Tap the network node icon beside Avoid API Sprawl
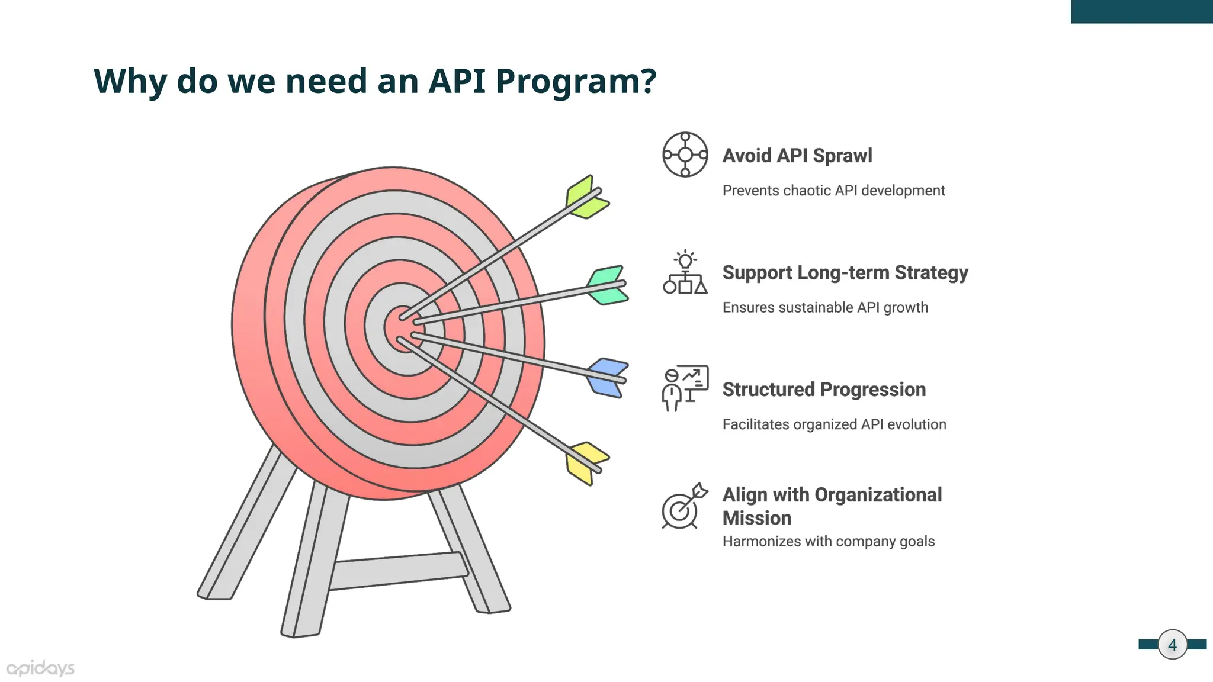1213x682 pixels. pyautogui.click(x=685, y=155)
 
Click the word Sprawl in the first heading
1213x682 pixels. pyautogui.click(x=842, y=156)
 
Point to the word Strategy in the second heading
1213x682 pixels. pyautogui.click(x=931, y=273)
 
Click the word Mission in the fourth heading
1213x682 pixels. pyautogui.click(x=756, y=518)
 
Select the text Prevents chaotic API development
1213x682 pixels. pyautogui.click(x=833, y=191)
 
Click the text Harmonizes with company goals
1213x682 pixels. pyautogui.click(x=828, y=542)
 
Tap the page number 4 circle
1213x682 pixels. pyautogui.click(x=1172, y=645)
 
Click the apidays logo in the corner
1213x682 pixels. pyautogui.click(x=40, y=668)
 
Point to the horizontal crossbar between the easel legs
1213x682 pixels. pyautogui.click(x=398, y=570)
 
